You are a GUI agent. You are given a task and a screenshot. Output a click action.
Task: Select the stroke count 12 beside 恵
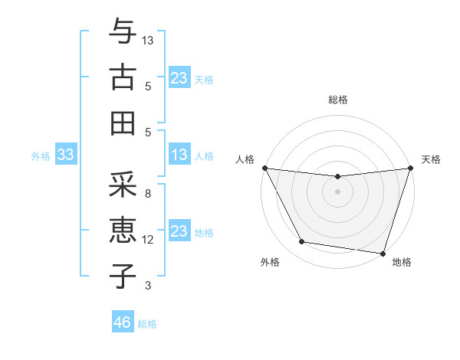pos(148,240)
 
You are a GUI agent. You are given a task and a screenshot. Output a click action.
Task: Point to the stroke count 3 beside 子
pos(148,286)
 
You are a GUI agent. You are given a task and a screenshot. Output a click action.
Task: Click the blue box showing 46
pos(122,322)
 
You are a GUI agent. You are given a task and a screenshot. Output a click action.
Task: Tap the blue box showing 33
pos(65,155)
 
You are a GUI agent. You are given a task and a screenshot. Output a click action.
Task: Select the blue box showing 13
pos(179,155)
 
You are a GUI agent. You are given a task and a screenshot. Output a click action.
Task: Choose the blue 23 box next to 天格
pos(179,78)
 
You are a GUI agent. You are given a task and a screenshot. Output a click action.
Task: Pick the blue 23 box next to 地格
pos(179,231)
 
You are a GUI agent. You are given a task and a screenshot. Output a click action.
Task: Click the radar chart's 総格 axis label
pos(337,100)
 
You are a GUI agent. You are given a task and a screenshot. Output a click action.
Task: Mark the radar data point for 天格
pos(410,168)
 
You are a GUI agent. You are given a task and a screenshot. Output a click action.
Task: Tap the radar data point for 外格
pos(302,242)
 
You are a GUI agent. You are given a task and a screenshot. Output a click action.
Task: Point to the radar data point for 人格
pos(264,168)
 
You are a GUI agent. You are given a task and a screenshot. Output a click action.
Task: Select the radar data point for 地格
pos(383,253)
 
